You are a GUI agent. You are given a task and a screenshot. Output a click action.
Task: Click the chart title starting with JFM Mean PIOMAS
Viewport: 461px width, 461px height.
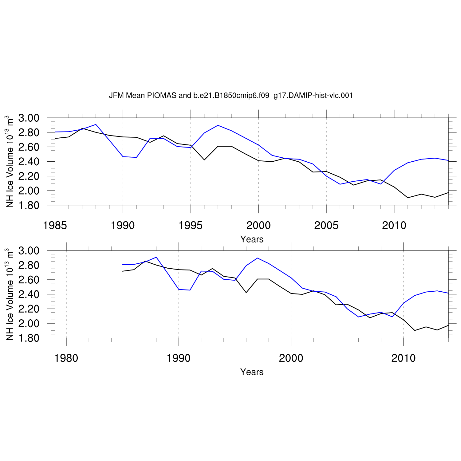231,96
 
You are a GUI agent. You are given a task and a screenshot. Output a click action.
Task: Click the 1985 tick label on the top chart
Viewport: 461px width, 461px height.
55,226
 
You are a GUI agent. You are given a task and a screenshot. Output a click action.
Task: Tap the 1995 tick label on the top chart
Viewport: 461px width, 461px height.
191,226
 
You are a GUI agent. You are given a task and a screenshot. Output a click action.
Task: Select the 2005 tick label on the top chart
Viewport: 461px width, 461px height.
326,226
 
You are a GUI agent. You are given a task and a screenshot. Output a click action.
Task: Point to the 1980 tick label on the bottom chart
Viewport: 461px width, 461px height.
66,358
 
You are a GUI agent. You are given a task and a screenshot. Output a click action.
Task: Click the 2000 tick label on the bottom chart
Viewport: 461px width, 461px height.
291,358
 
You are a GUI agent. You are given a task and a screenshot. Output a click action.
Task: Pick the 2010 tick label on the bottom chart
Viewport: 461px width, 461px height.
403,358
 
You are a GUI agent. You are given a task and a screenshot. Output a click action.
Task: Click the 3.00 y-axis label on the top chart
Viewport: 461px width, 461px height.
29,118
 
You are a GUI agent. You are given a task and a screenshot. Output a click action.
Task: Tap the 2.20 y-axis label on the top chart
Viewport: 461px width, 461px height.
29,176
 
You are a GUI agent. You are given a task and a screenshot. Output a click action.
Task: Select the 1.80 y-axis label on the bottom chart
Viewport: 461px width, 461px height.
29,338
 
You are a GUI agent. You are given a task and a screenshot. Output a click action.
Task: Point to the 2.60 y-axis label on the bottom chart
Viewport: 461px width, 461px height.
29,280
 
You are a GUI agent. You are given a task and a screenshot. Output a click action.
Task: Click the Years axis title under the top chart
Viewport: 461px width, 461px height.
252,239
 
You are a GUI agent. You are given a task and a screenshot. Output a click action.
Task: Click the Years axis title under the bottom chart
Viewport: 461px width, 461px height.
252,372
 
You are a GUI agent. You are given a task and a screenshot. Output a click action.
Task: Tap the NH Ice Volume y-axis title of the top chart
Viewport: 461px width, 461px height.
10,161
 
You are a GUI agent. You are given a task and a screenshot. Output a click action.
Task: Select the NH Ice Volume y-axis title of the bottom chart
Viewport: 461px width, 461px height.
10,294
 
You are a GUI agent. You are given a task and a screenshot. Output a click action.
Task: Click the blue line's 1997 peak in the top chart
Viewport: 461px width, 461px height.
218,125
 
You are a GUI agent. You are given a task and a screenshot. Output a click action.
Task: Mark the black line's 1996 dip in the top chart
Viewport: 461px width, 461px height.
204,160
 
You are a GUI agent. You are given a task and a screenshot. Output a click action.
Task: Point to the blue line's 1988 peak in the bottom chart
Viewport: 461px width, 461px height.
156,257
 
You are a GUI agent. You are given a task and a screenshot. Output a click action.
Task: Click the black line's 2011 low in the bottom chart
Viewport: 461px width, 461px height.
415,330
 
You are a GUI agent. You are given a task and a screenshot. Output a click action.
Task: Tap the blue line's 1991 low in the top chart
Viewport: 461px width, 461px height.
136,157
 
